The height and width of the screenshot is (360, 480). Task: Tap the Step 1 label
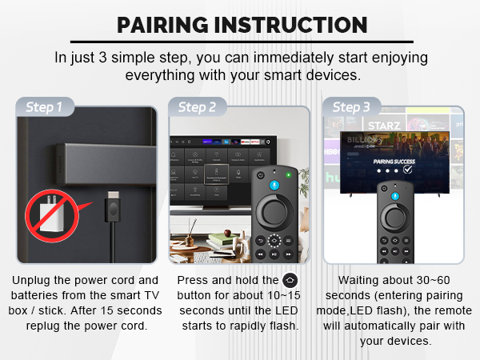(x=44, y=106)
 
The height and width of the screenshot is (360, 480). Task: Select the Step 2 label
(x=197, y=106)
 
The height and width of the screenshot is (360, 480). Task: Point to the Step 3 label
(x=351, y=106)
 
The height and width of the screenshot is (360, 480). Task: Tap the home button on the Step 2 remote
(x=274, y=240)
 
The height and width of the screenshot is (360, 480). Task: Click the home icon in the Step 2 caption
(x=290, y=281)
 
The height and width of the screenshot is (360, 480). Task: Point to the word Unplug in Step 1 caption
(x=33, y=281)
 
